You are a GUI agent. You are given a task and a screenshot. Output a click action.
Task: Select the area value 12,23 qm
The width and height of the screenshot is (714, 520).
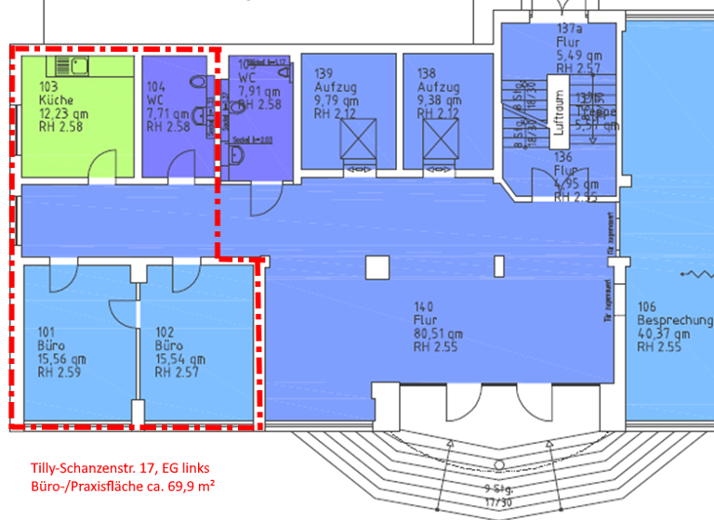click(x=61, y=113)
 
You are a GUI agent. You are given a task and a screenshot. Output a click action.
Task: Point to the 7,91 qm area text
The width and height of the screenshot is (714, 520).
click(x=259, y=92)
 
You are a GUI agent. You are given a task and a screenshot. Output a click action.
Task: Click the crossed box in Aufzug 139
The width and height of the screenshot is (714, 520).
click(x=355, y=140)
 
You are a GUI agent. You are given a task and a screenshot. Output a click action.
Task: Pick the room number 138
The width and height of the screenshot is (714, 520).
click(x=427, y=72)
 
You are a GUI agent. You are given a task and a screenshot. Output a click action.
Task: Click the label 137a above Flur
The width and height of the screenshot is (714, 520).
click(x=569, y=30)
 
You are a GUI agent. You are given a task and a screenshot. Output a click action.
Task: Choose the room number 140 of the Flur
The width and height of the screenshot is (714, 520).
click(x=424, y=307)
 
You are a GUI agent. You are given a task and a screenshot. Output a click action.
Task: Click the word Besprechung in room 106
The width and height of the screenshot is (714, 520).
click(x=675, y=321)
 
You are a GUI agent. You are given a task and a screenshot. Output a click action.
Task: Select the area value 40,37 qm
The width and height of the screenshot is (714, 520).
click(x=664, y=334)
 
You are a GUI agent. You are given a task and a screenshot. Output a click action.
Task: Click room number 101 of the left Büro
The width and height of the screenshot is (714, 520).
click(x=47, y=331)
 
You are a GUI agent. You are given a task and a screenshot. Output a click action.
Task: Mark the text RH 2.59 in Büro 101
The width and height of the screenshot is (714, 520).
click(x=61, y=372)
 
